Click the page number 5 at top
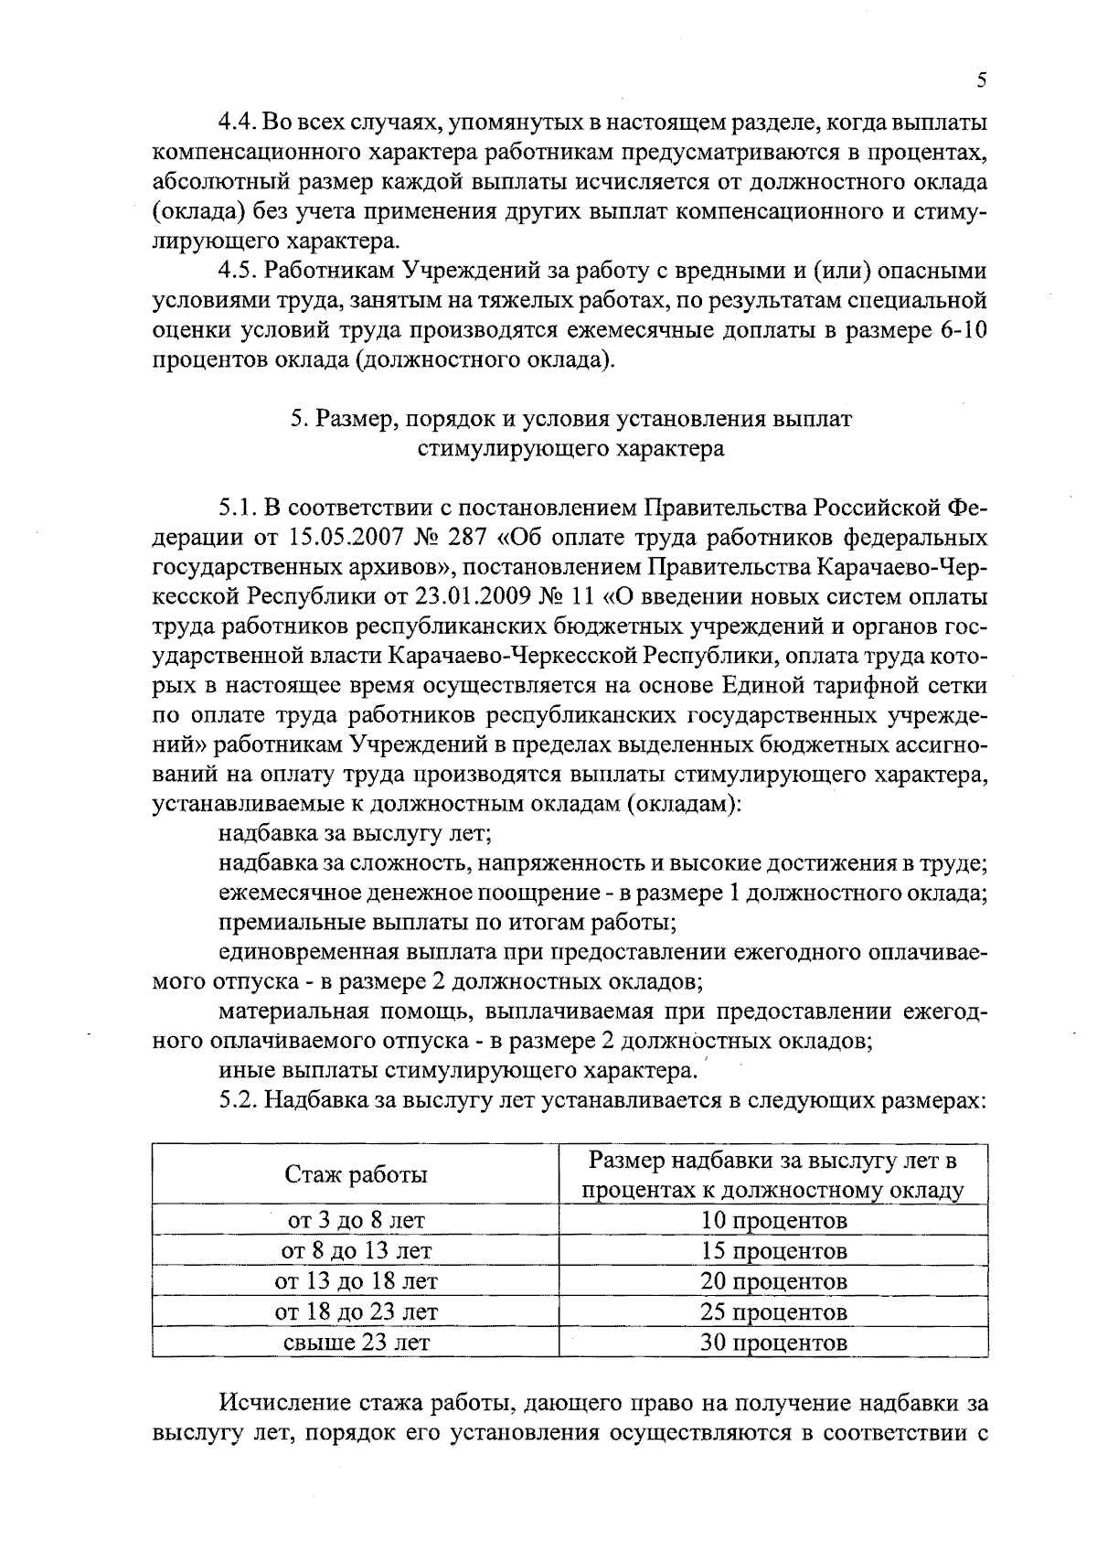pos(981,80)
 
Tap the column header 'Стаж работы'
pos(356,1175)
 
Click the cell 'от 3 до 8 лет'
pos(356,1221)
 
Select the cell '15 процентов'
pos(773,1251)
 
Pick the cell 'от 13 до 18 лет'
pos(356,1281)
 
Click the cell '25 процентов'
pos(773,1312)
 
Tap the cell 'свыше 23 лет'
pos(356,1343)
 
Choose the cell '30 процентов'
pos(773,1343)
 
